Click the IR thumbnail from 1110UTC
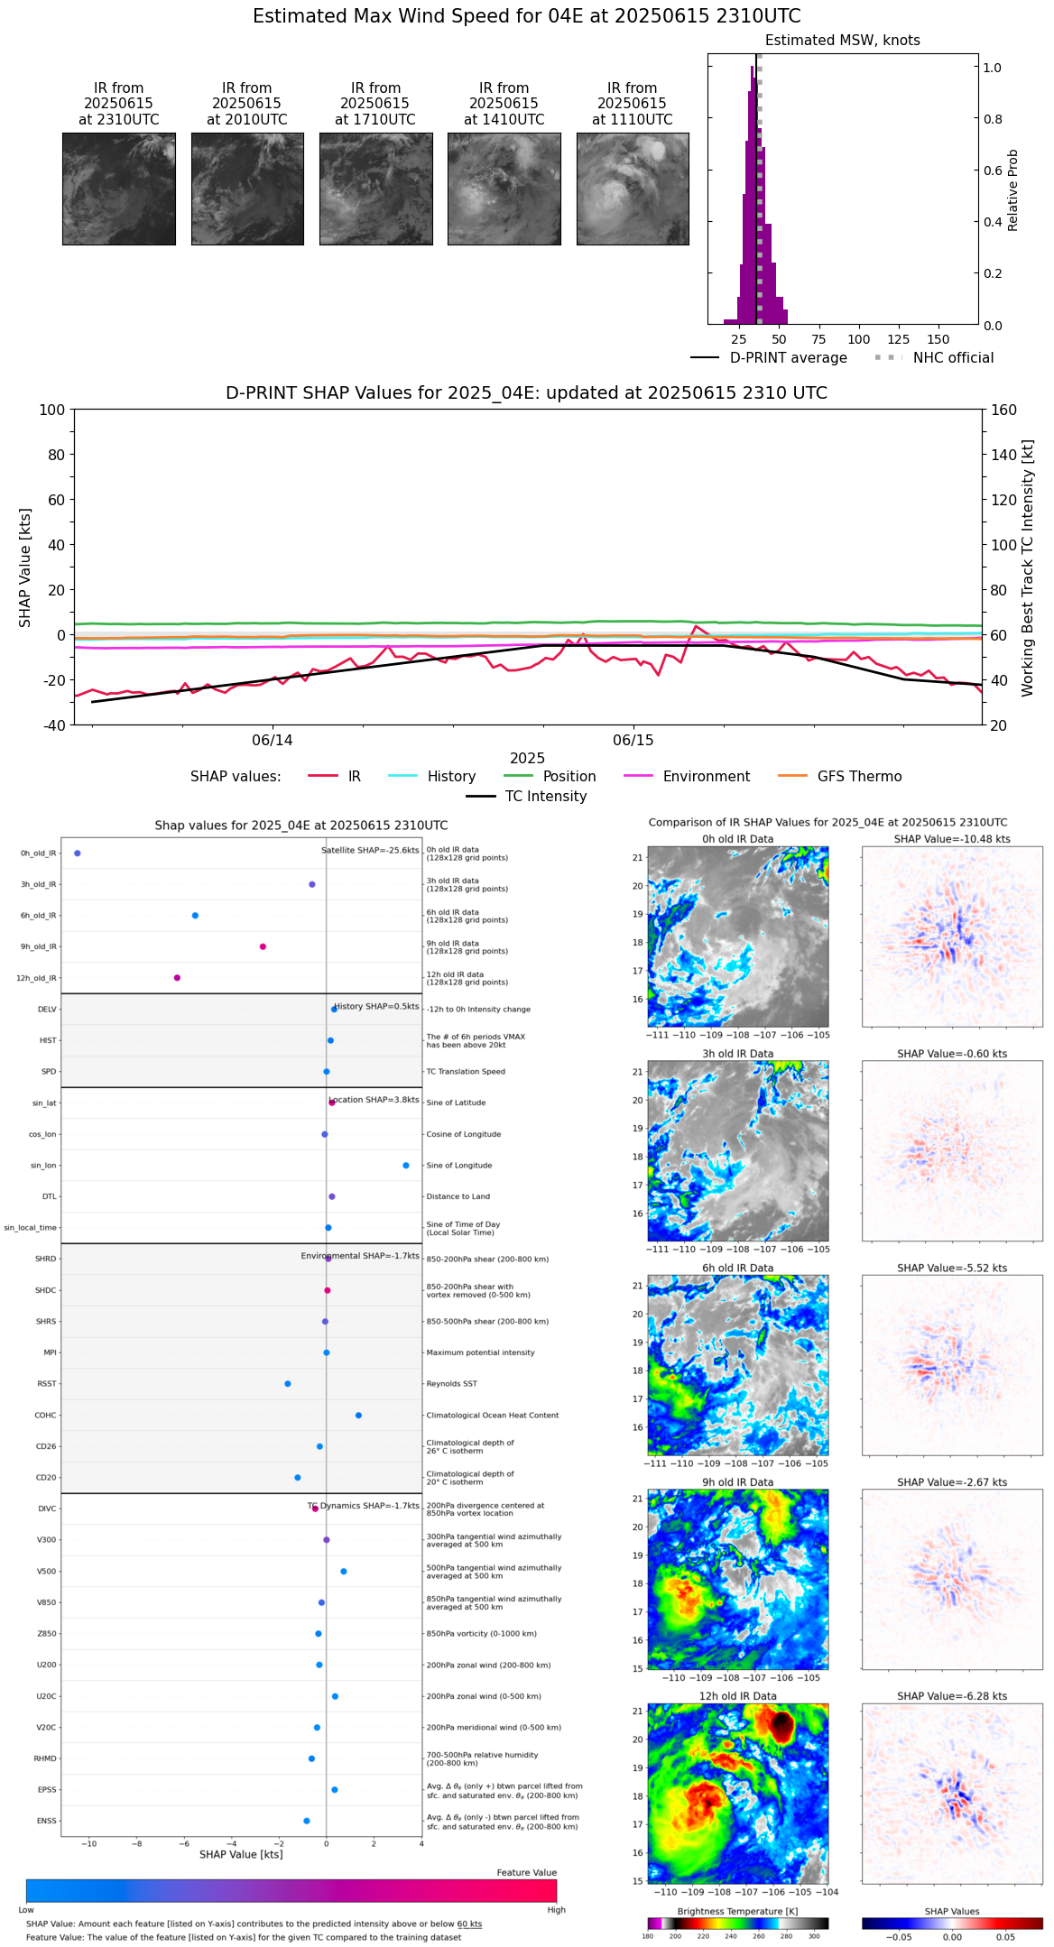pyautogui.click(x=633, y=189)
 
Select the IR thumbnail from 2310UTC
pyautogui.click(x=119, y=189)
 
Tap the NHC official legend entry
pyautogui.click(x=953, y=358)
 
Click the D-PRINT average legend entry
pyautogui.click(x=788, y=358)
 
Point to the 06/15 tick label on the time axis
pyautogui.click(x=633, y=741)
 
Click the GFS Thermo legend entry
pyautogui.click(x=859, y=777)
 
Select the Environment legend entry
pyautogui.click(x=706, y=777)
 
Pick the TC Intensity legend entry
pyautogui.click(x=545, y=797)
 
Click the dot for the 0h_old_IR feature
pyautogui.click(x=78, y=854)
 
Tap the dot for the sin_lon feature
pyautogui.click(x=406, y=1166)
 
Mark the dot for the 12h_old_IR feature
pyautogui.click(x=177, y=978)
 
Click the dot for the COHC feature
pyautogui.click(x=358, y=1416)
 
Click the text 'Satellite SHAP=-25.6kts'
pyautogui.click(x=370, y=851)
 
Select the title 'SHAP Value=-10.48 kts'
pyautogui.click(x=952, y=839)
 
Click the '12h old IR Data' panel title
pyautogui.click(x=737, y=1696)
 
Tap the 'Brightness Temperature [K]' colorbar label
pyautogui.click(x=737, y=1912)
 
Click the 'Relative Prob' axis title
pyautogui.click(x=1012, y=189)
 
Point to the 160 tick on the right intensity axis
pyautogui.click(x=1003, y=411)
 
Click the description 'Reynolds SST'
pyautogui.click(x=452, y=1384)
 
